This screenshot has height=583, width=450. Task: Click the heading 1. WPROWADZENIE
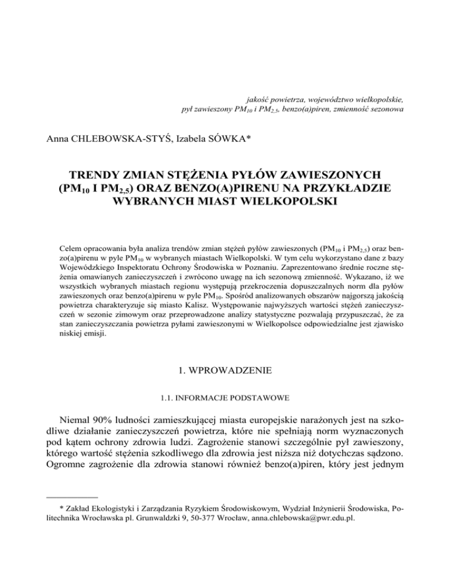[225, 371]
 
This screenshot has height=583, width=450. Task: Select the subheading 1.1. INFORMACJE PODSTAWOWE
[225, 399]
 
